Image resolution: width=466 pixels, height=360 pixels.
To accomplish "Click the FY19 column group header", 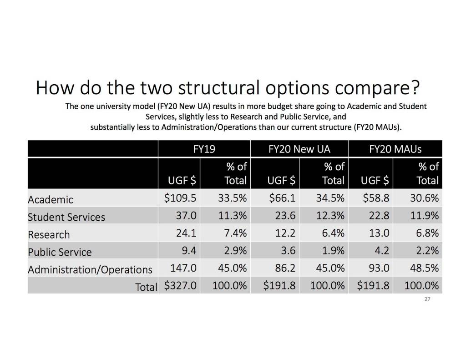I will [204, 149].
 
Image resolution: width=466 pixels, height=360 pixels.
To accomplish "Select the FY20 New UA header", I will [299, 149].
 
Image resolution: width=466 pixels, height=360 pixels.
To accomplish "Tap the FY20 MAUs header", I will [395, 149].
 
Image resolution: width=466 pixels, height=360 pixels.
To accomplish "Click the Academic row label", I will [51, 200].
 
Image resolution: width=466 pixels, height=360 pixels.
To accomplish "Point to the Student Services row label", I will [66, 217].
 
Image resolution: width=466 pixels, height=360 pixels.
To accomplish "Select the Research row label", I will [49, 235].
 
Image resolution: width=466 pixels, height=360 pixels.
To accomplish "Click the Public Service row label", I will [60, 252].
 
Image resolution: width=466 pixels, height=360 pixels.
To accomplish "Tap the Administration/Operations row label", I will [90, 269].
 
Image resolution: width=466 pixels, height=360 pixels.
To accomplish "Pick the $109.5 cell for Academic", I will [180, 199].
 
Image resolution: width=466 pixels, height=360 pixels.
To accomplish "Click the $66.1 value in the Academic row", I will [279, 199].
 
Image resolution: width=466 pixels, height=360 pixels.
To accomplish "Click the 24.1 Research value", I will [186, 233].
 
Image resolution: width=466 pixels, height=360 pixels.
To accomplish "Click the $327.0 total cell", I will [180, 286].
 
